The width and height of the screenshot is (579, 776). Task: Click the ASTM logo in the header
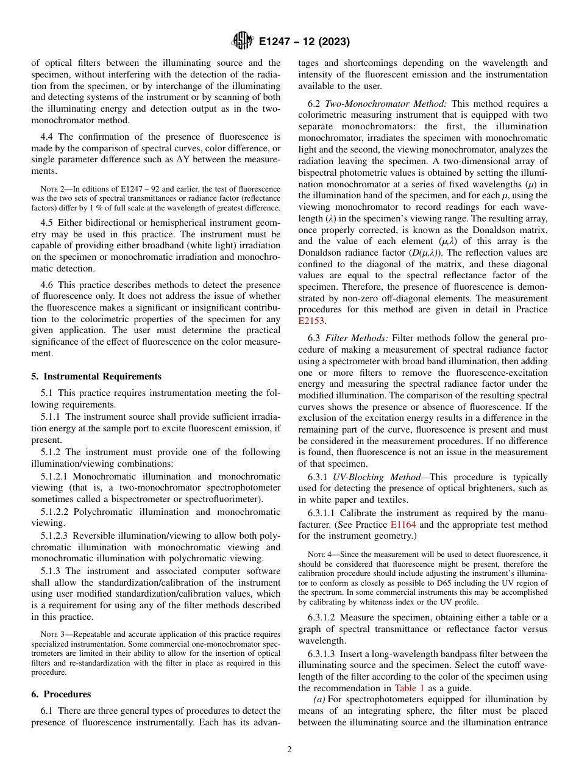click(242, 41)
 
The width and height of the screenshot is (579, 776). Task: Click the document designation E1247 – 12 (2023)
click(304, 42)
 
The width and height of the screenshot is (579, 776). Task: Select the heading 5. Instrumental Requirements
click(96, 376)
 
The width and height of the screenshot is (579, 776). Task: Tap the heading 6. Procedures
click(61, 694)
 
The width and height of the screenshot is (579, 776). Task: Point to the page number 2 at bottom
click(289, 750)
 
